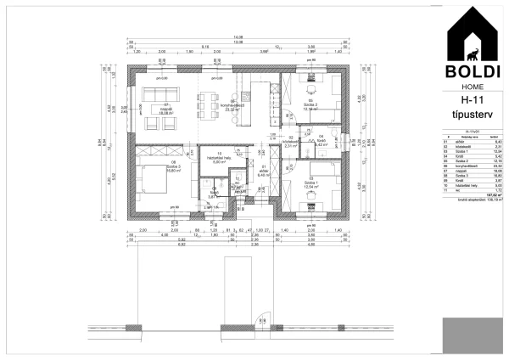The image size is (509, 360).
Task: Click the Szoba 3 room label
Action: pos(173,167)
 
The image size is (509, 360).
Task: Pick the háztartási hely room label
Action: pos(220,160)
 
